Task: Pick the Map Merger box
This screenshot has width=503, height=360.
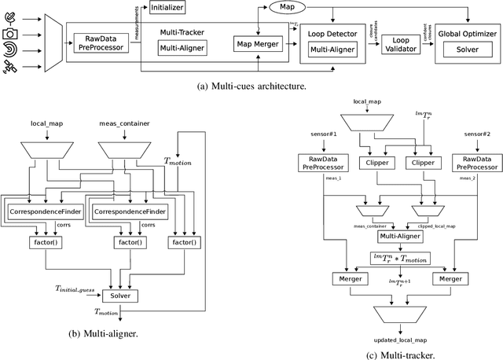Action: [x=258, y=44]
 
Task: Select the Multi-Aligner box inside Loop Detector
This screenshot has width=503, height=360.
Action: [x=332, y=50]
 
